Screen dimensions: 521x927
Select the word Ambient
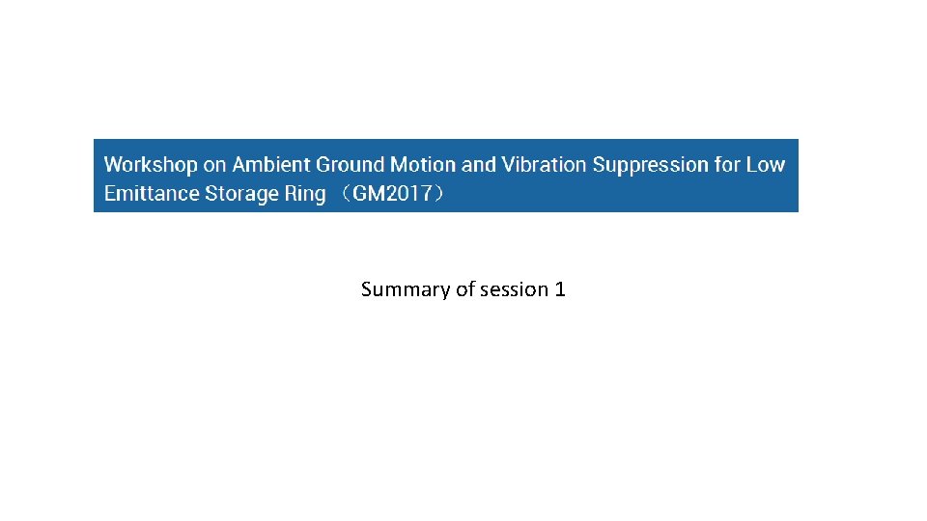click(271, 165)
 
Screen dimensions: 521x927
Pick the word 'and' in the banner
click(478, 165)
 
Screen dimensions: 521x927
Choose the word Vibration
click(542, 165)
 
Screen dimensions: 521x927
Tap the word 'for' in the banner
click(727, 165)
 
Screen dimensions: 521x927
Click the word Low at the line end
click(766, 165)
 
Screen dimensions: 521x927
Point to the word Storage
click(241, 194)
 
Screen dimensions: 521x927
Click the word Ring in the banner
click(305, 194)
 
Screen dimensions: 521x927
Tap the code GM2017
click(392, 194)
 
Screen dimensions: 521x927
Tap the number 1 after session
click(560, 289)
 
